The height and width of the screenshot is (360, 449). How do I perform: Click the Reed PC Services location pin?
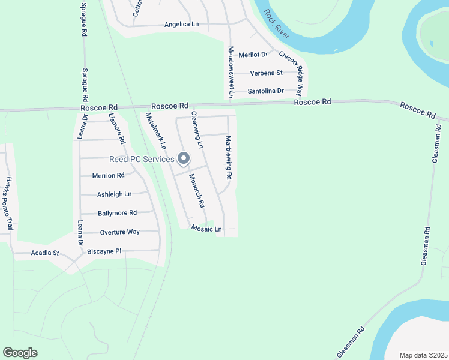point(184,159)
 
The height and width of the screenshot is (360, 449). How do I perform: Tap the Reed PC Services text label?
point(142,159)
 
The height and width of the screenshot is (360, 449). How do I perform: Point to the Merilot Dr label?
point(252,55)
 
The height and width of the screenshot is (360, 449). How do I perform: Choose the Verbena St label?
point(266,73)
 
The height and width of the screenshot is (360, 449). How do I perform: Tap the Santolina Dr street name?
point(265,91)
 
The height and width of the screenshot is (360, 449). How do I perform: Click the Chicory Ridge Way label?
point(291,70)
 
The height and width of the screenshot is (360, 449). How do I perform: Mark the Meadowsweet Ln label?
point(230,71)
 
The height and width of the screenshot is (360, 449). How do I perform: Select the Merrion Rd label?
point(108,176)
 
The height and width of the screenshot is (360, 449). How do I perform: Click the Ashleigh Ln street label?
point(114,194)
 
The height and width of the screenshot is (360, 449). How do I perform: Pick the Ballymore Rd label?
point(117,213)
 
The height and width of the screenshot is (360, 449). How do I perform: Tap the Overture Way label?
point(119,232)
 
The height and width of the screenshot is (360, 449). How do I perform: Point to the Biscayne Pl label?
point(104,251)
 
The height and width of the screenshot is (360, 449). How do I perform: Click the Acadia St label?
point(44,253)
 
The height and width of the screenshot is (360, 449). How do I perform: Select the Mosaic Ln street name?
point(206,229)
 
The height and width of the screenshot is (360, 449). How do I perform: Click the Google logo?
point(20,353)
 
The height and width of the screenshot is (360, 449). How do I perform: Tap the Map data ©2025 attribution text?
point(423,355)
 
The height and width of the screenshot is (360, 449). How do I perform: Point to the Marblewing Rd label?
point(229,158)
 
